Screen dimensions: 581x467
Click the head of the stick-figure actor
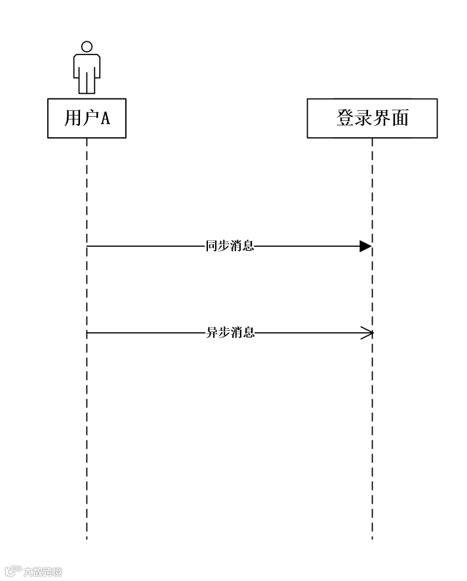click(87, 47)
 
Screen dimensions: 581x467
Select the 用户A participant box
click(87, 118)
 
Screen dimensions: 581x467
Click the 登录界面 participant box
click(372, 118)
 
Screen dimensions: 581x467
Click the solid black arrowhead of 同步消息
click(365, 247)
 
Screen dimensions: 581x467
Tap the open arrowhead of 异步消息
click(367, 333)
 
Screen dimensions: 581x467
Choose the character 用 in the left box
click(71, 118)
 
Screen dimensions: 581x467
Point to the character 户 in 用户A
click(89, 118)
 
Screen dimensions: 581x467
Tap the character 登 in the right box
click(345, 118)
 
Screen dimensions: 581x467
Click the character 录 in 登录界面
click(363, 118)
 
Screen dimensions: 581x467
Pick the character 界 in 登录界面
click(382, 118)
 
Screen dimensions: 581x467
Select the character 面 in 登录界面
click(399, 118)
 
